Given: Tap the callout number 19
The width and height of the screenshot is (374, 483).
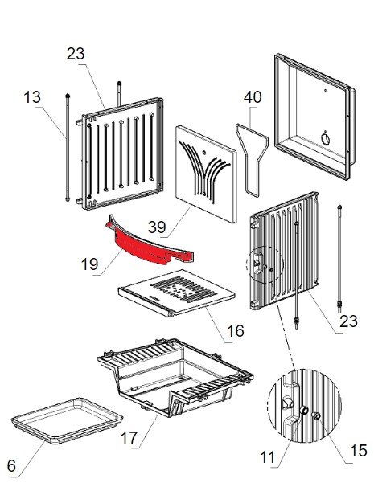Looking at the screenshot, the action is [90, 264].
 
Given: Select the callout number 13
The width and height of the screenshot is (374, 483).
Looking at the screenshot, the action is [32, 97].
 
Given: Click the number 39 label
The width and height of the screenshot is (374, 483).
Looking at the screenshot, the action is [157, 227].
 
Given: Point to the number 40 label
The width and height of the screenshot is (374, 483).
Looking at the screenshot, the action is [253, 97].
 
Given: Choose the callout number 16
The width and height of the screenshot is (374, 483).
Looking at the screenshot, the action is [235, 331].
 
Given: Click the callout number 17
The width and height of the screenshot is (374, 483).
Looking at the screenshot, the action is [129, 438].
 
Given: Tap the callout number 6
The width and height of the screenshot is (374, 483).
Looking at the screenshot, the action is [11, 466].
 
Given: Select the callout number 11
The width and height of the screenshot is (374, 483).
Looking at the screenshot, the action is [267, 457].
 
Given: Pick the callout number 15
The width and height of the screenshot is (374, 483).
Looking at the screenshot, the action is [359, 451].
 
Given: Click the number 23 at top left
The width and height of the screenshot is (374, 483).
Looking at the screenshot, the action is [76, 54].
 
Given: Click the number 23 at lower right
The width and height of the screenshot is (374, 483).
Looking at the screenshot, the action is [349, 321].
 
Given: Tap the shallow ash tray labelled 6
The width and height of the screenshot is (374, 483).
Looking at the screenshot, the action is [67, 421].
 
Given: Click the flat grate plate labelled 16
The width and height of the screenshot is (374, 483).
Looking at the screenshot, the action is [176, 293].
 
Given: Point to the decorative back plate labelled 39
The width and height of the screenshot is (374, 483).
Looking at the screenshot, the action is [206, 174].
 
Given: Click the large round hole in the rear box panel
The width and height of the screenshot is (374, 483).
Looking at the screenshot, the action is [325, 138].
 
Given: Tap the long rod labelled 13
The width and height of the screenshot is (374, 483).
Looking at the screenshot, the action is [68, 147].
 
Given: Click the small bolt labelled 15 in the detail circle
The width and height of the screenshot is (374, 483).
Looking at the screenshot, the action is [316, 415].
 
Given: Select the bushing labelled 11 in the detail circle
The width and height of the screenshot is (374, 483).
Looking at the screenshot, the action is [304, 410].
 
